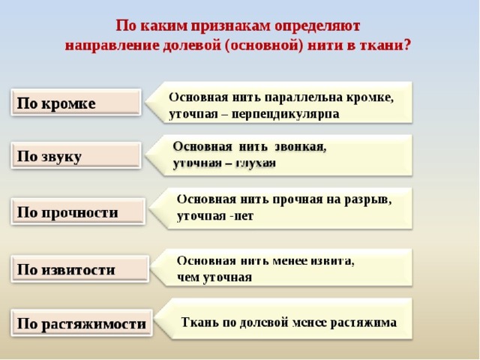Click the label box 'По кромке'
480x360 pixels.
tap(76, 102)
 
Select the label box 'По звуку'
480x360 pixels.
tap(76, 155)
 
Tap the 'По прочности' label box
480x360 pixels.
tap(78, 211)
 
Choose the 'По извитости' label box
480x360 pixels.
tap(80, 268)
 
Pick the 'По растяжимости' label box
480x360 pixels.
tap(82, 322)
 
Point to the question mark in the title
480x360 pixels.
tap(406, 45)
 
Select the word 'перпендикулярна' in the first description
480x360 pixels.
tap(285, 114)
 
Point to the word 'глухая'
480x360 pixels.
tap(256, 163)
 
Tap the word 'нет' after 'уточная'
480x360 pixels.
tap(244, 216)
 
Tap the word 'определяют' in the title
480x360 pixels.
tap(317, 26)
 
